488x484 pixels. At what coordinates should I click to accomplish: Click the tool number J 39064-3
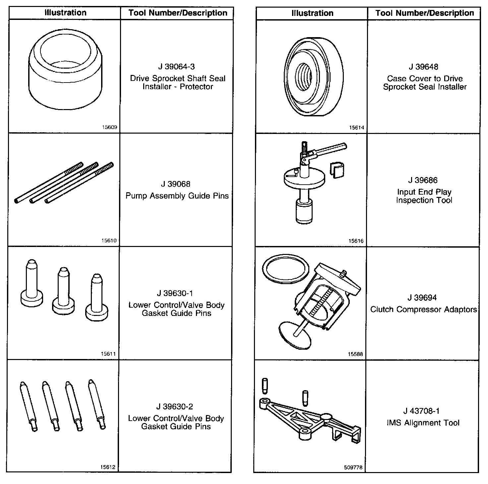point(176,67)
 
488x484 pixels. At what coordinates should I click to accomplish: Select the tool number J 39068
point(175,184)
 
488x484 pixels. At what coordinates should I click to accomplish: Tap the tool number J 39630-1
point(175,293)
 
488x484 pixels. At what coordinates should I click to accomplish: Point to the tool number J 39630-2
point(175,406)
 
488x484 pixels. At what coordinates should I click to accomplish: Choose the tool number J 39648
point(423,67)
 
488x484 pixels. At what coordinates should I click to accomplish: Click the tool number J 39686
point(423,180)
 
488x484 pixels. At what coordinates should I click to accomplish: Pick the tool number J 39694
point(422,298)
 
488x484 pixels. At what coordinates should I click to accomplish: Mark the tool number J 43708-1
point(421,411)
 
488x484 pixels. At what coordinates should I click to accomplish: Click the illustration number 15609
point(110,127)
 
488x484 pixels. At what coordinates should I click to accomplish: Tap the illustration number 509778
point(353,467)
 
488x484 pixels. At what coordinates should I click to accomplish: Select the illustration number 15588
point(355,354)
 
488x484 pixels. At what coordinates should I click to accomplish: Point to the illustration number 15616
point(356,241)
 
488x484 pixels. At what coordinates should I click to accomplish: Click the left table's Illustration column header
point(66,13)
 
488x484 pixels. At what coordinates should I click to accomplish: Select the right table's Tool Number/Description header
point(425,13)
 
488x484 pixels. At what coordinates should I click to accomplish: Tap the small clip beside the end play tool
point(337,170)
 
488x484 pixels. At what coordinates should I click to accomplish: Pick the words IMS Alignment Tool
point(423,423)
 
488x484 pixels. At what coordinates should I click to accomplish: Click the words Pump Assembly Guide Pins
point(177,196)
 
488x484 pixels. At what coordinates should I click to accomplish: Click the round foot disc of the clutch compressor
point(294,335)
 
